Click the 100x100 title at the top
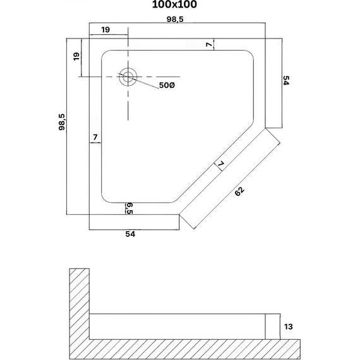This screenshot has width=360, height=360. (x=174, y=4)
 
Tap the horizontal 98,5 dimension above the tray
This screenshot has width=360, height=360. (x=175, y=20)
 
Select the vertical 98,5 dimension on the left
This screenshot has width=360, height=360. (x=63, y=122)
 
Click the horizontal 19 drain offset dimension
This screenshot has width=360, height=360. (x=105, y=30)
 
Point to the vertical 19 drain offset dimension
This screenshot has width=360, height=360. (x=76, y=56)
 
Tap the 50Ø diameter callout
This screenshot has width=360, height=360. (x=167, y=85)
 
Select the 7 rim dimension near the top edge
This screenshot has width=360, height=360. (x=209, y=45)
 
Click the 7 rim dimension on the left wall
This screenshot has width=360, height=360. (x=95, y=137)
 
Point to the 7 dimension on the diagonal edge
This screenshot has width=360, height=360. (x=220, y=164)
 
